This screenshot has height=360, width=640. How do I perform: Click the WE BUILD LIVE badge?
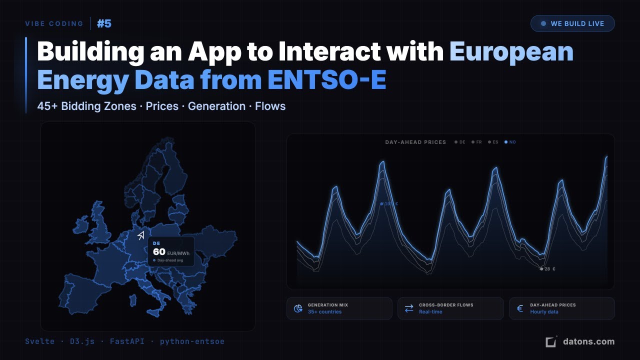click(572, 23)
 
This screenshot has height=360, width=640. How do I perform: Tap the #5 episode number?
click(104, 23)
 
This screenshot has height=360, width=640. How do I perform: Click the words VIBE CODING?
click(54, 23)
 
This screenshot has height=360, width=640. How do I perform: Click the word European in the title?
click(511, 52)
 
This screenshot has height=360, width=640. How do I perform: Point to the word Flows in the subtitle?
click(270, 106)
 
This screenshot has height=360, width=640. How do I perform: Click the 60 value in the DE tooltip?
click(159, 251)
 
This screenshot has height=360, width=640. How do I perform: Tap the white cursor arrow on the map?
click(141, 235)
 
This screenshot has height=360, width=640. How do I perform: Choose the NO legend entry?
click(510, 142)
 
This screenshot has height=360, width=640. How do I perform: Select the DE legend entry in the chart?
click(460, 142)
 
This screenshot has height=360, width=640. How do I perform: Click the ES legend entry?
click(493, 142)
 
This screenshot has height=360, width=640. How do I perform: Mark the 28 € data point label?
click(549, 269)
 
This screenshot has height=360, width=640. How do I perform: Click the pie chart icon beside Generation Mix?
click(298, 308)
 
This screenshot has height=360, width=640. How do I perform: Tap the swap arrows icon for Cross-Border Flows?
click(409, 308)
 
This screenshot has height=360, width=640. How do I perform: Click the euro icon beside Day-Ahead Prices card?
click(520, 308)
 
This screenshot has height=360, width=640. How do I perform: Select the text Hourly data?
click(544, 312)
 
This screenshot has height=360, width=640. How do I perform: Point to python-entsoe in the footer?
click(192, 341)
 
